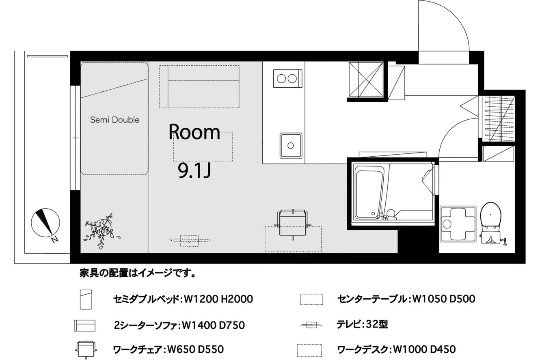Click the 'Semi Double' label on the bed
(x=115, y=120)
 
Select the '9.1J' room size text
(x=194, y=170)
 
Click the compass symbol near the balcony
(x=45, y=222)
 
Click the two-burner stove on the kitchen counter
(x=287, y=79)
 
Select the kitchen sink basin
(x=291, y=146)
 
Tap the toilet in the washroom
(x=491, y=223)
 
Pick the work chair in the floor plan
(x=293, y=224)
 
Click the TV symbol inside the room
(x=190, y=240)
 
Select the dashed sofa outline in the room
(x=199, y=87)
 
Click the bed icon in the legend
(x=86, y=300)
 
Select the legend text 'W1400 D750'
(x=213, y=326)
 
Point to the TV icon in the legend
(x=311, y=325)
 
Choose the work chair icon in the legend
(x=86, y=349)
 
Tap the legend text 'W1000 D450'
(x=424, y=349)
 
